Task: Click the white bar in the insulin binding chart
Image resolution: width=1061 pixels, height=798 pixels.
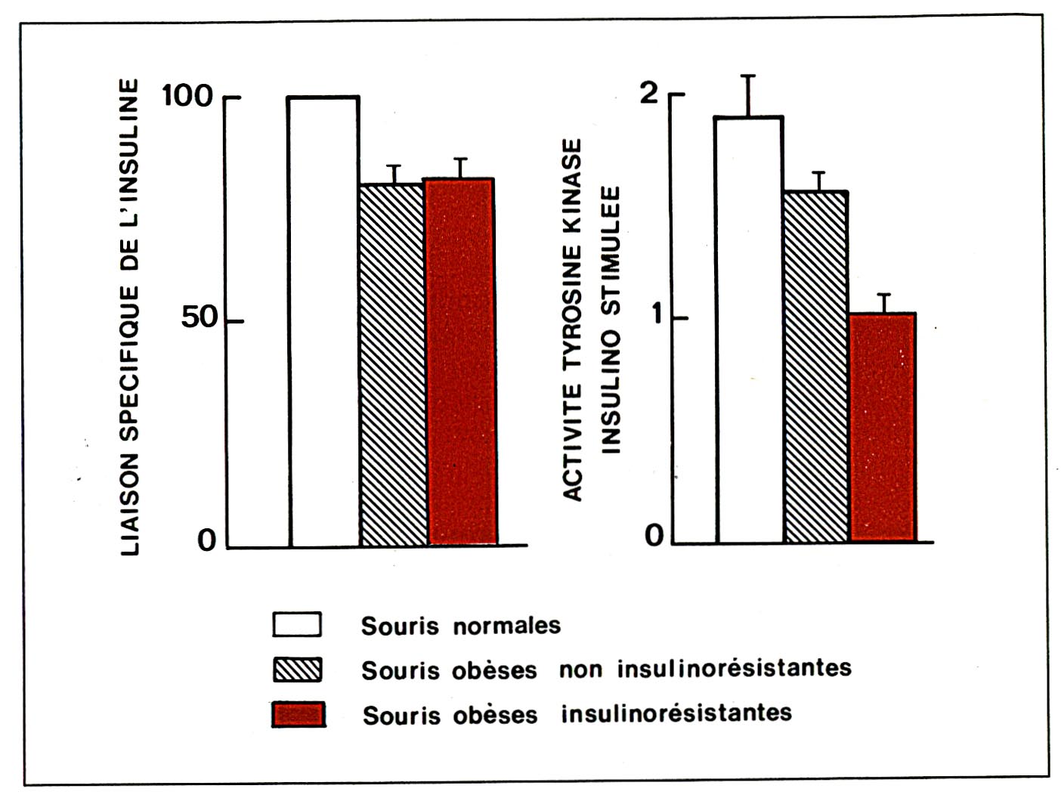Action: click(x=324, y=321)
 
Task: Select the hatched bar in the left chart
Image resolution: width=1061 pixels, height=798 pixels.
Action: click(x=392, y=364)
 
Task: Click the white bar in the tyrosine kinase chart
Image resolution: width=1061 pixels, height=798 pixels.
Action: click(x=749, y=329)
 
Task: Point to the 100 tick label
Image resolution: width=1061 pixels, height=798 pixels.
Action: click(x=187, y=96)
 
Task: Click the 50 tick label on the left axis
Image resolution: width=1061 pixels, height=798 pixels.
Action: click(x=199, y=318)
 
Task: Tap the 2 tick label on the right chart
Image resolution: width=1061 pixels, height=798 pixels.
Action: click(x=649, y=93)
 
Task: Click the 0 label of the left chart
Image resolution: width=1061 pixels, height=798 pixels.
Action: click(x=206, y=541)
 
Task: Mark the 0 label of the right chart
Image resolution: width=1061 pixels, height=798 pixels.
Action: click(x=654, y=536)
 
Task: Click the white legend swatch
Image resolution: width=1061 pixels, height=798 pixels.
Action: click(x=297, y=625)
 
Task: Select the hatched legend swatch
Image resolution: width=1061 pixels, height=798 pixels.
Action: click(x=297, y=670)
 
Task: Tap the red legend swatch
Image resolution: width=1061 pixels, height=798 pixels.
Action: click(x=299, y=714)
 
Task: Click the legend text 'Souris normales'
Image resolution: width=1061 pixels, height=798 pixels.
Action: click(x=461, y=626)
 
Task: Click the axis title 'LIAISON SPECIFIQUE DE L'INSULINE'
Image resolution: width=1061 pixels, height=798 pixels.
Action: click(x=130, y=317)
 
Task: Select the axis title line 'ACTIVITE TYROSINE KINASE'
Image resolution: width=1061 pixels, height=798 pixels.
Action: click(x=574, y=319)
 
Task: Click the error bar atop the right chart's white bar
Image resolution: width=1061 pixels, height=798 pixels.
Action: click(x=749, y=95)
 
